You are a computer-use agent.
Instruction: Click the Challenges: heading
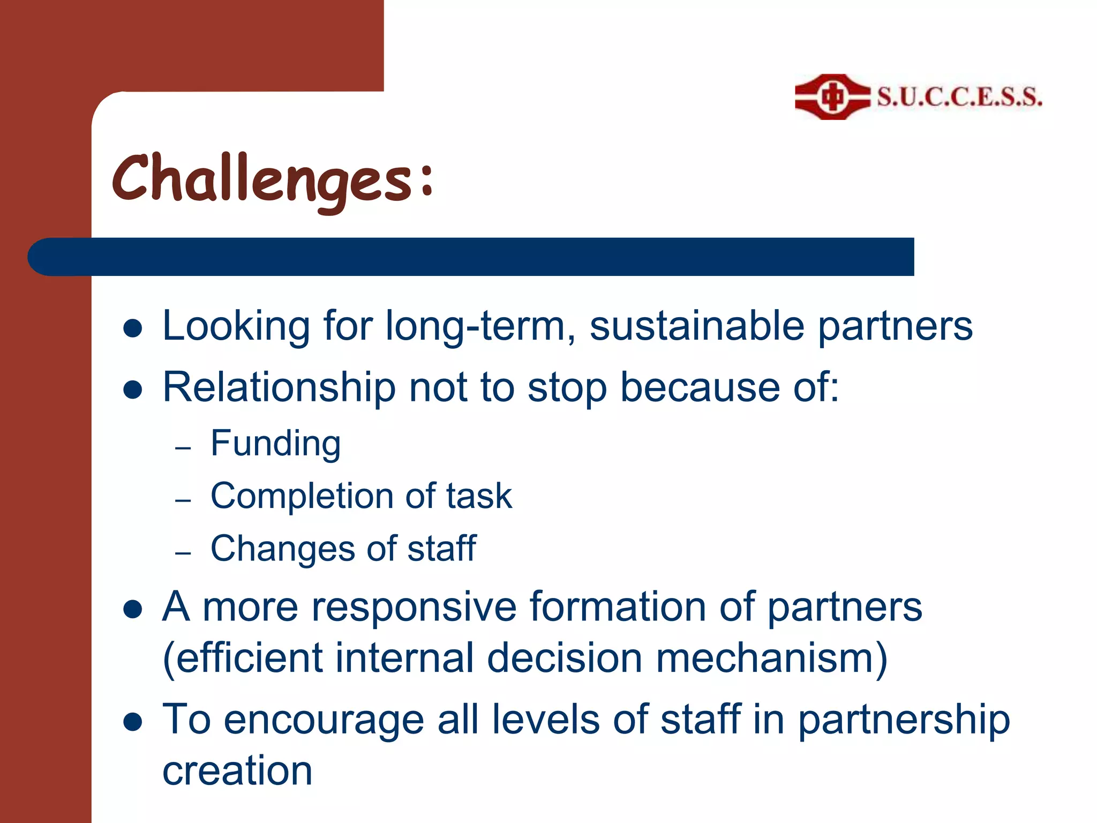272,179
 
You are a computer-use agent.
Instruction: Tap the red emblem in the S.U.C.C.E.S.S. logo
832,97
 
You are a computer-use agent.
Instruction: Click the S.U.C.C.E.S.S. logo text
959,98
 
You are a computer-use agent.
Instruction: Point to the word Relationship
279,387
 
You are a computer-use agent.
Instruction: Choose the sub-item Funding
275,444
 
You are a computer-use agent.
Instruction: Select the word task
479,496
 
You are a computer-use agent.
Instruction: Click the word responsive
414,607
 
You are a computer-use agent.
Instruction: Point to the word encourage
324,720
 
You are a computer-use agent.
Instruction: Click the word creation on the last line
237,770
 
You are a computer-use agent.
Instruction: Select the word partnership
904,721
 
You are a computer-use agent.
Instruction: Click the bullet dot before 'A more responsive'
132,610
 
